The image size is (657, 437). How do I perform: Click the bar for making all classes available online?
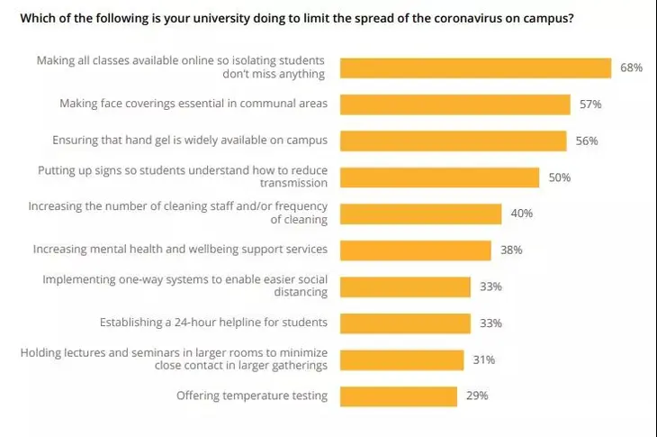pos(475,68)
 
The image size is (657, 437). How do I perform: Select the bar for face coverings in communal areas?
pos(454,105)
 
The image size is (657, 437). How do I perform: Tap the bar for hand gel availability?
pos(453,141)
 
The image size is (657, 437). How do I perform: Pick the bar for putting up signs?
pos(439,178)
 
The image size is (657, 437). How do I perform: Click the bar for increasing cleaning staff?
pos(420,214)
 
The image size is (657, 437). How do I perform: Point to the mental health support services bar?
pos(415,250)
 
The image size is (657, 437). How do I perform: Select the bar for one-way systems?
pos(405,287)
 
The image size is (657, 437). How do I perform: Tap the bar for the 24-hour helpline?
pos(405,323)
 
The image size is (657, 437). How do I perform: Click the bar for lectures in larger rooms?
pos(401,360)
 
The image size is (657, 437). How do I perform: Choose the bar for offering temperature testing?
pos(398,396)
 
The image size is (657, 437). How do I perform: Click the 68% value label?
pos(631,68)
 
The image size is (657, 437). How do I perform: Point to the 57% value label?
pos(590,105)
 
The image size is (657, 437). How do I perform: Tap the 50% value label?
pos(560,178)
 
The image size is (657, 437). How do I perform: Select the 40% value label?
pos(522,214)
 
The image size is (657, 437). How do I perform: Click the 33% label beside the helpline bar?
pos(491,323)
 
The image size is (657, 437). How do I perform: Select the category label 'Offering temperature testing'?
pos(252,396)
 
